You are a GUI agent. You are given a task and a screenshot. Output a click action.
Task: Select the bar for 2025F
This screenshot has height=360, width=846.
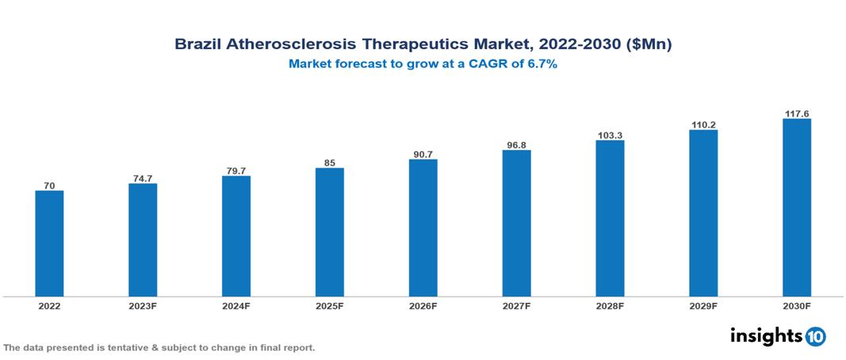pos(329,232)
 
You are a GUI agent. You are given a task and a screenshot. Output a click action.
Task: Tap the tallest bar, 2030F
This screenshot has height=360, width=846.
pos(796,208)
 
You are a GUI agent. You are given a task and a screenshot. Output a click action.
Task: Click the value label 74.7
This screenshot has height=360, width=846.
pos(143,178)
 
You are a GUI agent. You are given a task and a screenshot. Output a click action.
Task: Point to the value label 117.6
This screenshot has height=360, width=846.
pos(796,113)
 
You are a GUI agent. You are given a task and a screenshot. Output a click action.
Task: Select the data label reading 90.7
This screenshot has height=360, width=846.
pos(423,153)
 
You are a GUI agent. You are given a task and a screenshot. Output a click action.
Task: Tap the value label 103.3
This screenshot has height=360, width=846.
pos(610,135)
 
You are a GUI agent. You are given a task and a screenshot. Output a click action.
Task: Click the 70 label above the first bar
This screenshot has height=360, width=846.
pos(49,185)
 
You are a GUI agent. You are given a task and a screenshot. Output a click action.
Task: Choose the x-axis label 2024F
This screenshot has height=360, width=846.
pos(236,305)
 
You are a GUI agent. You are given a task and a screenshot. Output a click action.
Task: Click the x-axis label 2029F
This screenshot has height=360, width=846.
pos(703,305)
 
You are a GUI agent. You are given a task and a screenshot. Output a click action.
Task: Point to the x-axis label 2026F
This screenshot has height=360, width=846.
pos(423,305)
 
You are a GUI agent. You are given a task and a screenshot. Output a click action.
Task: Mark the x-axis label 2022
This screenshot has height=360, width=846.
pos(49,305)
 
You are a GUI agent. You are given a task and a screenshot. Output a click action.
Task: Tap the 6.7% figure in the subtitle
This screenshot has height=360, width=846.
pos(541,64)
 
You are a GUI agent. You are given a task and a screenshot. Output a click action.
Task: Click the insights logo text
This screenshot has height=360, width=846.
pos(766,336)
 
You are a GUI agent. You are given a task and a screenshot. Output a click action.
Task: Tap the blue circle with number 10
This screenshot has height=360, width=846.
pos(815,337)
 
